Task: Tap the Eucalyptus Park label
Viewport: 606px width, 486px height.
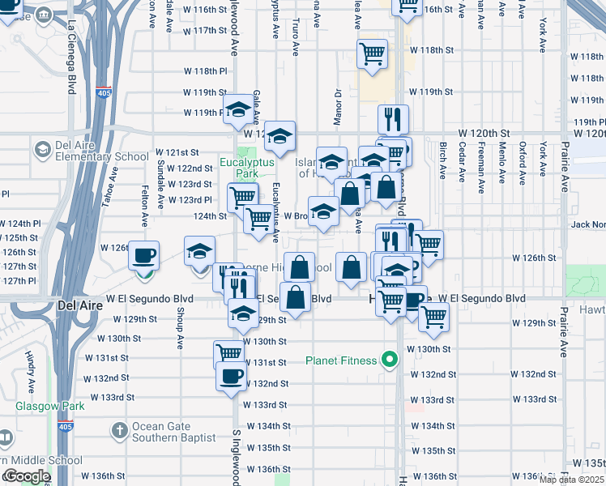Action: point(248,167)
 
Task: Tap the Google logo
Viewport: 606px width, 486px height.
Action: point(26,476)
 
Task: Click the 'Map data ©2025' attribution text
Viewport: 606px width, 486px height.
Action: point(571,480)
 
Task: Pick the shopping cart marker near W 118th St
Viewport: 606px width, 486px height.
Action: point(372,54)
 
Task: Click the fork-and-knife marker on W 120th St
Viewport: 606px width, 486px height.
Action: point(394,119)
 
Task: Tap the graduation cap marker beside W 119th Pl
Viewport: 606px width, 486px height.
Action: point(238,109)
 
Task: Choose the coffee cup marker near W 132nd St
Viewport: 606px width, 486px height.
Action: point(232,376)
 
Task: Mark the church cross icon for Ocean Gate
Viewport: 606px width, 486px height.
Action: point(119,429)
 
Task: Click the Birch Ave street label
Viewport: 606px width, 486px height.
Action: point(443,159)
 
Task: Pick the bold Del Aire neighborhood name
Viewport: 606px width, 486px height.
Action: point(79,305)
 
